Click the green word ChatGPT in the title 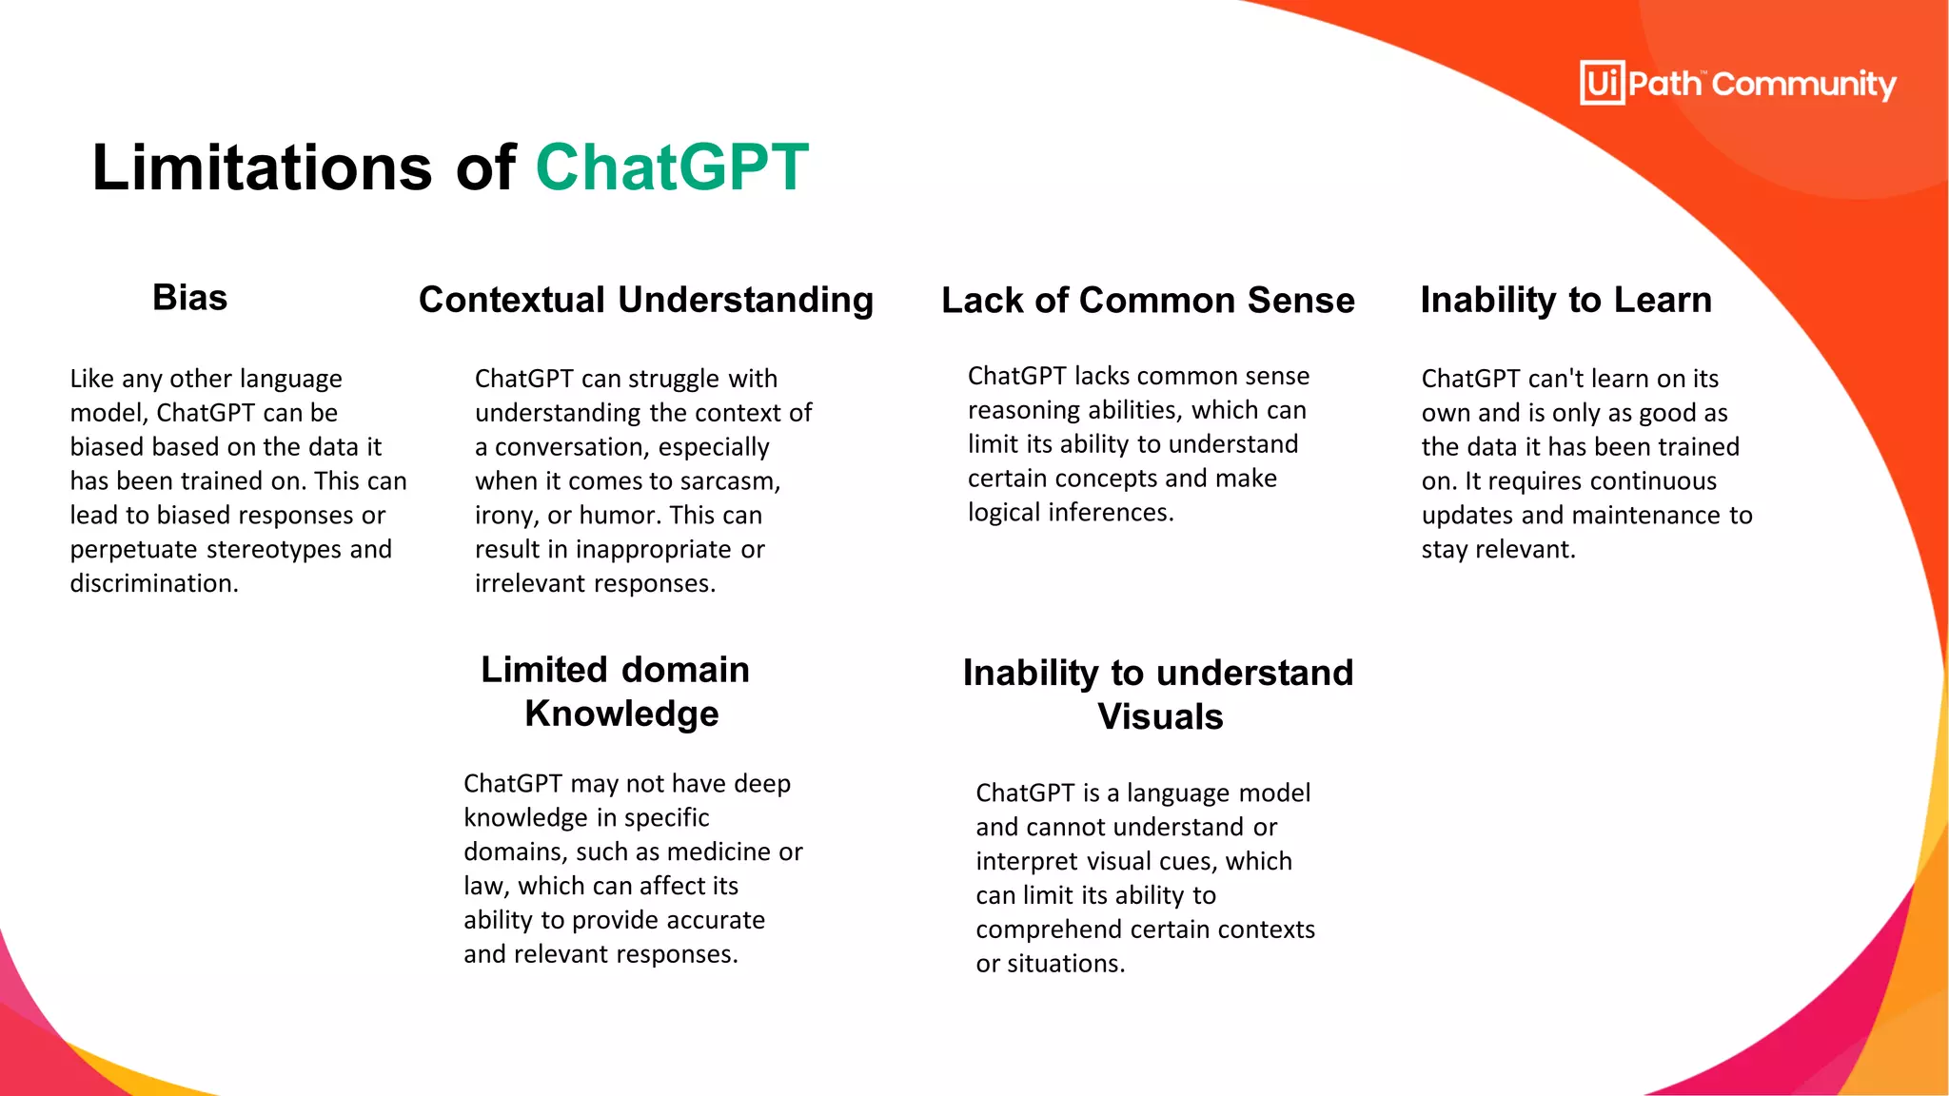(672, 167)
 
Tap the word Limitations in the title (262, 167)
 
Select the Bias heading (189, 298)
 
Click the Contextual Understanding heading (645, 300)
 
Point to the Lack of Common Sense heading (1148, 301)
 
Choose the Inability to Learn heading (1565, 300)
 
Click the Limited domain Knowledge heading (617, 692)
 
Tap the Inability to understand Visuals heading (1158, 695)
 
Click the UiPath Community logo (1737, 84)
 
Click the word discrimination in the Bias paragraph (152, 583)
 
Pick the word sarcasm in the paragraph (733, 481)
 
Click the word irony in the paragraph (506, 516)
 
